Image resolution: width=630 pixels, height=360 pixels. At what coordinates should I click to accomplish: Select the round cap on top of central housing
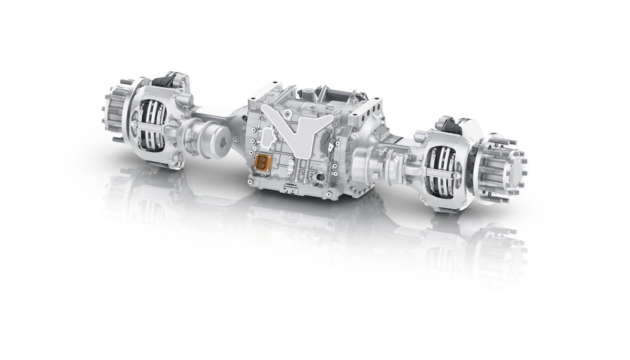point(308,93)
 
